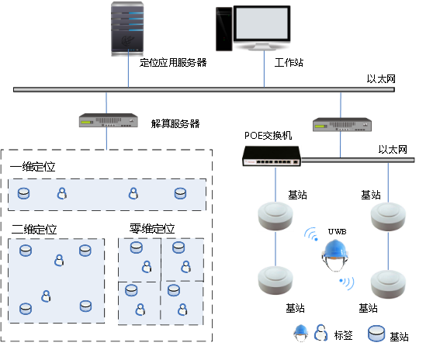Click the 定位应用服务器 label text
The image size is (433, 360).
tap(173, 63)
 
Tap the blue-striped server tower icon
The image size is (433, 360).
tap(127, 29)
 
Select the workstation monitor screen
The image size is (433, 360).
tap(262, 23)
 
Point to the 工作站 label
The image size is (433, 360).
tap(289, 63)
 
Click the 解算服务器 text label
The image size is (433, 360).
tap(175, 123)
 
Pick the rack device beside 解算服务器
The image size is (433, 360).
tap(109, 120)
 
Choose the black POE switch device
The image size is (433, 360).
tap(272, 156)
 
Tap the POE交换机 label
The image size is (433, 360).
tap(268, 135)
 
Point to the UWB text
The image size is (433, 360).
tap(338, 231)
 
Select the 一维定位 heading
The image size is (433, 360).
tap(33, 167)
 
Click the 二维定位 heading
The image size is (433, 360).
tap(34, 230)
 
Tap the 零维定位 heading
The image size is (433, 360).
tap(152, 229)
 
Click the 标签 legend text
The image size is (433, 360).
tap(343, 335)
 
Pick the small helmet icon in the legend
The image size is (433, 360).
tap(301, 333)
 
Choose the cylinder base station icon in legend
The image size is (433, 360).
tap(376, 334)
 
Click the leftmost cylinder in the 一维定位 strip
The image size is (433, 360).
tap(24, 193)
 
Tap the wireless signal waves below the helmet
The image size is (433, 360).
tap(347, 283)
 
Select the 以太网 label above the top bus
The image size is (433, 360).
tap(381, 79)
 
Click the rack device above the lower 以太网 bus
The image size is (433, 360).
tap(342, 124)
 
